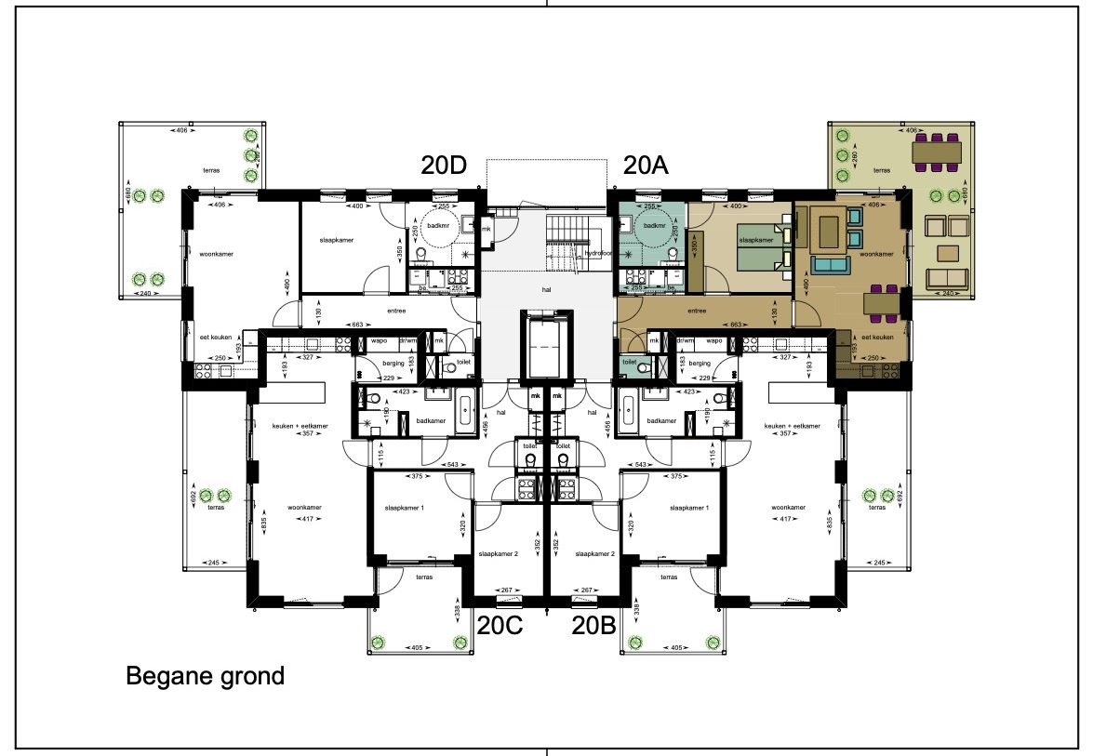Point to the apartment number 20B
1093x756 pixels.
(x=594, y=625)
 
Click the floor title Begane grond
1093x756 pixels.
(x=205, y=676)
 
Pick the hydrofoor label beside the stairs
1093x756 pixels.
(x=597, y=253)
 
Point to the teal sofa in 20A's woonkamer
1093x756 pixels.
(x=827, y=265)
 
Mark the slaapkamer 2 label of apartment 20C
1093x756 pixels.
(x=500, y=553)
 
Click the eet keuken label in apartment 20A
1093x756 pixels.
(x=877, y=338)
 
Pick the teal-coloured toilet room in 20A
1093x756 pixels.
(x=629, y=365)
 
